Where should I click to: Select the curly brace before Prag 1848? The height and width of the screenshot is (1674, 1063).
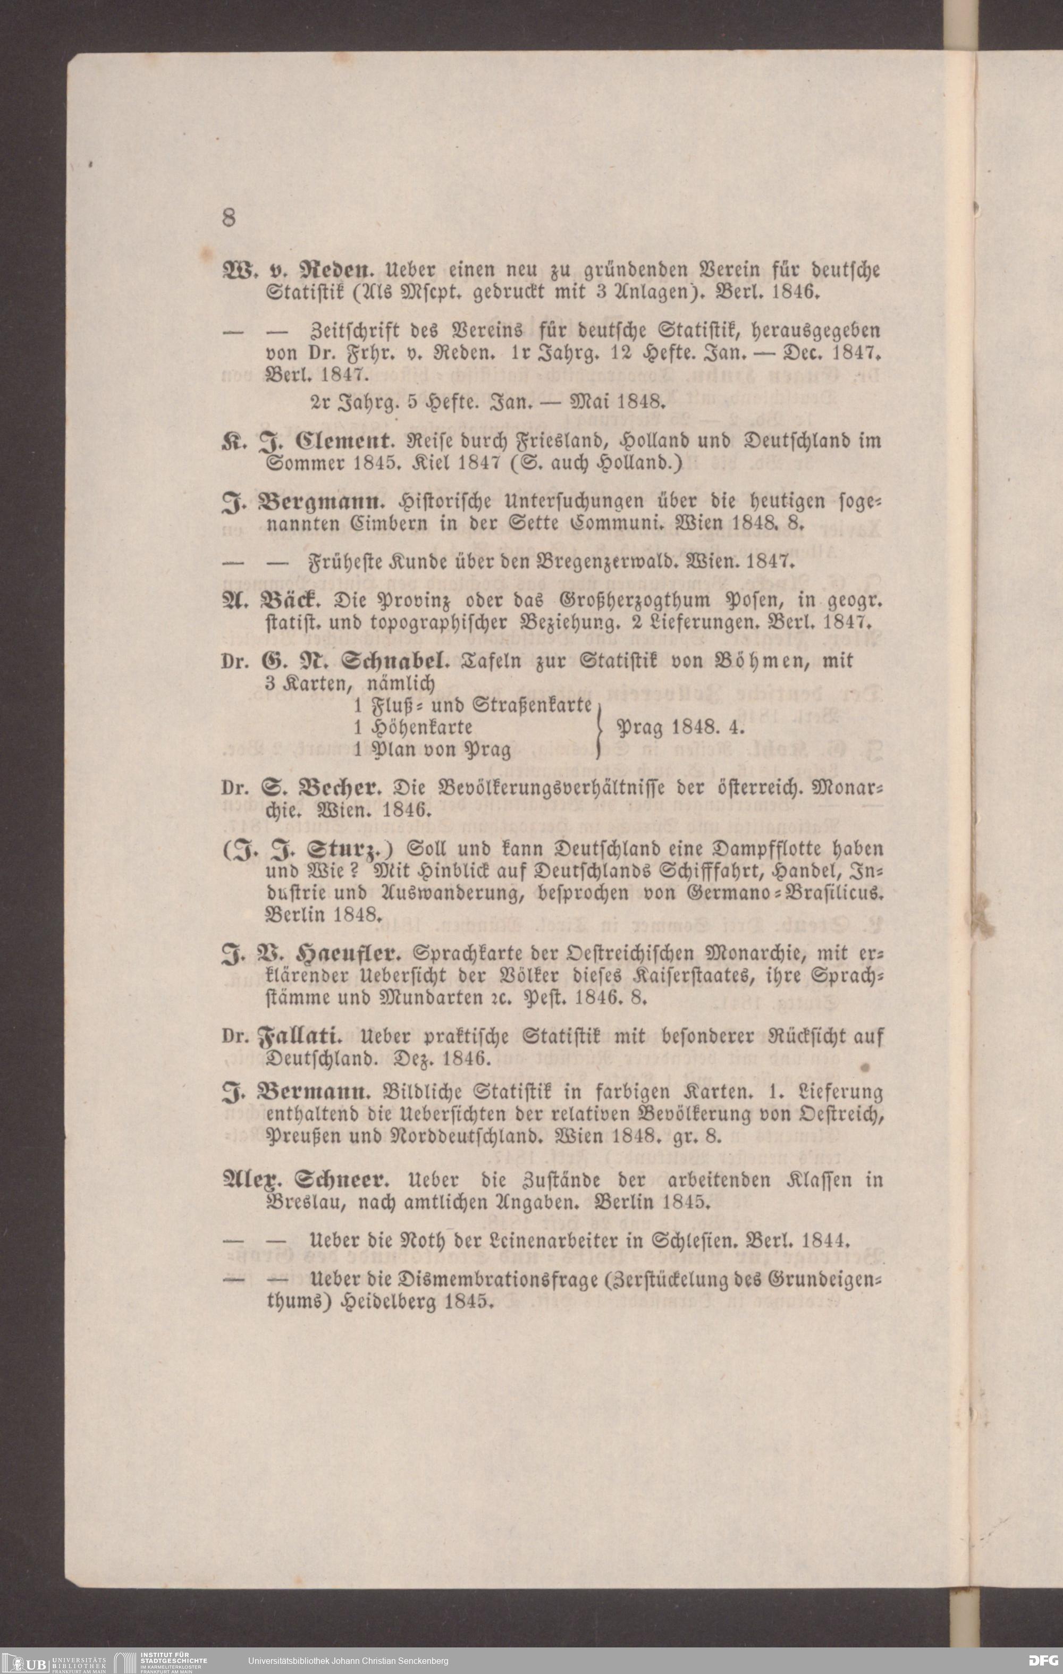coord(598,729)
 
